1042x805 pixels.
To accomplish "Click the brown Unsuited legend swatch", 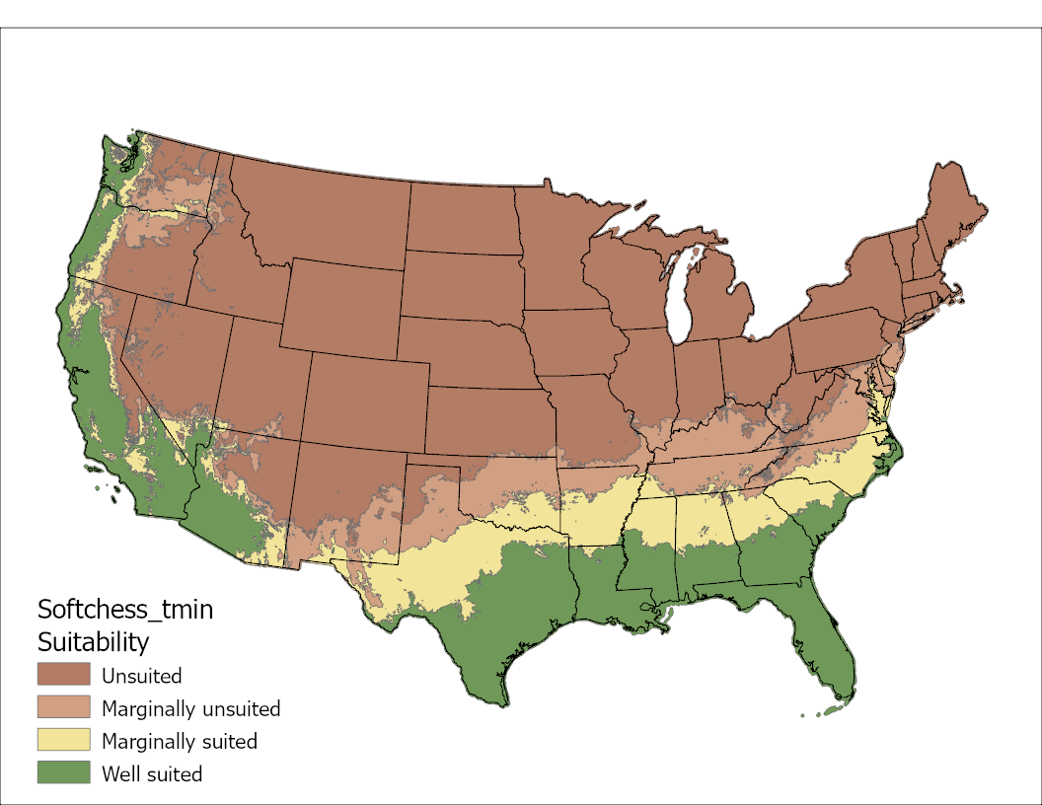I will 64,675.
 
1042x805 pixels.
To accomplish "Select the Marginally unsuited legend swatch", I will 64,707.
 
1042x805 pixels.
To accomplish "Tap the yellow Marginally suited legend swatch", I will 64,740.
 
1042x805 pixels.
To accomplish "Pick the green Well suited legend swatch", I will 64,772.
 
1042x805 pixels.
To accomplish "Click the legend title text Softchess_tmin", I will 124,609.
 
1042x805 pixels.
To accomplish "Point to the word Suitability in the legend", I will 93,642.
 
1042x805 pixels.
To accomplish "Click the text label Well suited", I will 152,774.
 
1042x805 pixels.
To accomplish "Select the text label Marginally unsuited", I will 191,709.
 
